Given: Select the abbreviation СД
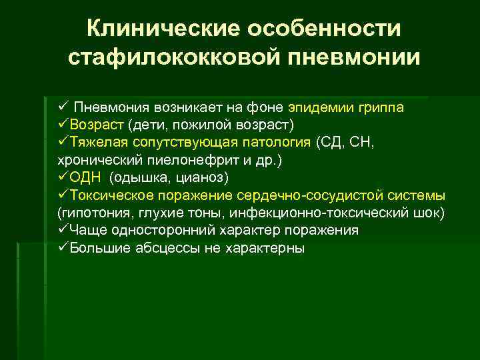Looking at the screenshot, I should (x=331, y=142).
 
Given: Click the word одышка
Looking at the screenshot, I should (x=141, y=177).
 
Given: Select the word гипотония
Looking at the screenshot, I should (x=90, y=213).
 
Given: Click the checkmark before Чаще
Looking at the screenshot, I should (x=63, y=230).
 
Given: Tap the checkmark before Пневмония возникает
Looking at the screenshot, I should (x=63, y=107).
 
